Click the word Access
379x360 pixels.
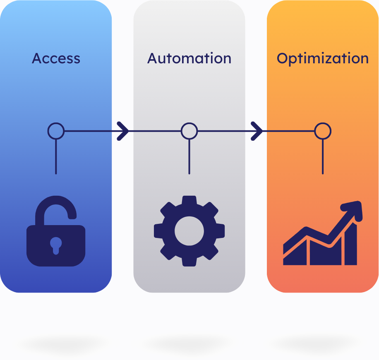[x=56, y=58]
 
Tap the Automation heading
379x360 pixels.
[x=189, y=58]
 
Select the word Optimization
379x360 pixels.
[x=322, y=58]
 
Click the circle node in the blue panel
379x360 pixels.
[x=56, y=131]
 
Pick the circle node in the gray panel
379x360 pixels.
[x=189, y=131]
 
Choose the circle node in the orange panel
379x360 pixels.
[x=322, y=131]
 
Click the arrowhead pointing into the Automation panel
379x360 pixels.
[x=123, y=131]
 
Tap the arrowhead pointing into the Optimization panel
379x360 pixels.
[x=257, y=131]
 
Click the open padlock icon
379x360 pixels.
[x=56, y=234]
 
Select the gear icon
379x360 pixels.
[x=189, y=231]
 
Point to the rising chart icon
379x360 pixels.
[x=321, y=234]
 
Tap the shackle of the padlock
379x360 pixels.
[x=56, y=207]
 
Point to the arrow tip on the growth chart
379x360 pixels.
[x=357, y=206]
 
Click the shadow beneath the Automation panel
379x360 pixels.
[x=188, y=343]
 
